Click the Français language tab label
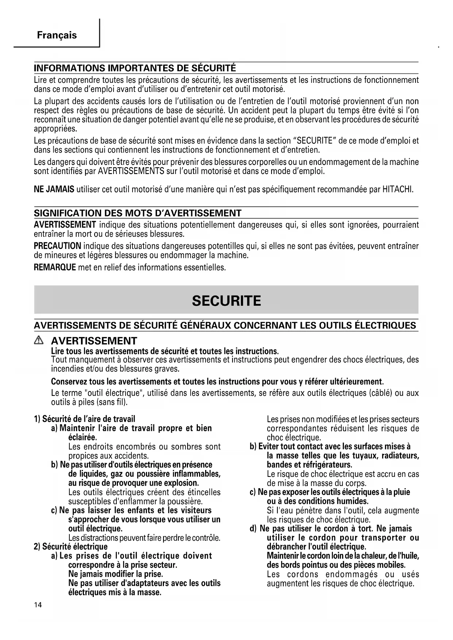click(57, 35)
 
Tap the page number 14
click(38, 605)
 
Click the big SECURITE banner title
click(226, 301)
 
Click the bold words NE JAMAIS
click(54, 189)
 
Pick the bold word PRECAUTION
click(57, 246)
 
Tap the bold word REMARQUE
click(55, 267)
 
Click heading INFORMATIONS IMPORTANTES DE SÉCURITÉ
click(135, 68)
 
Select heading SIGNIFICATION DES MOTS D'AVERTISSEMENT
click(138, 213)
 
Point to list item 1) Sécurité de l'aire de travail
click(84, 419)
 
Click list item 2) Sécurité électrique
click(70, 547)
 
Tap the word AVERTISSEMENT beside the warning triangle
click(94, 341)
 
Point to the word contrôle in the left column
click(206, 538)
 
